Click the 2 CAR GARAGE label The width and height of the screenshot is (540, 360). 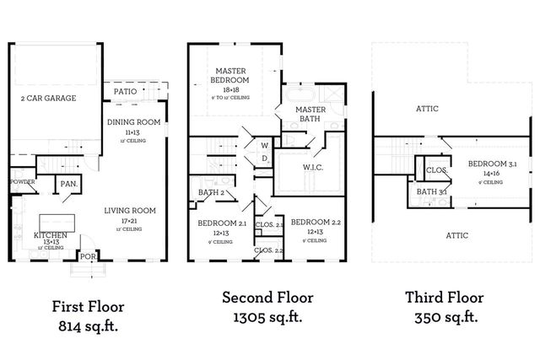coord(48,99)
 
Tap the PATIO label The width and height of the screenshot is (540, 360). coord(125,91)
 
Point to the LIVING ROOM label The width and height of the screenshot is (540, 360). coord(130,210)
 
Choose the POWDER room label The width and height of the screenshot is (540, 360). coord(22,181)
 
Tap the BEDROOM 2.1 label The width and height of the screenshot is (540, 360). coord(222,223)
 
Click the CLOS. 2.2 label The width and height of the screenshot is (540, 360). coord(267,250)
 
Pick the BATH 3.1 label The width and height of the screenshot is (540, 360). coord(431,192)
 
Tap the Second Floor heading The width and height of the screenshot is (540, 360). coord(267,298)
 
